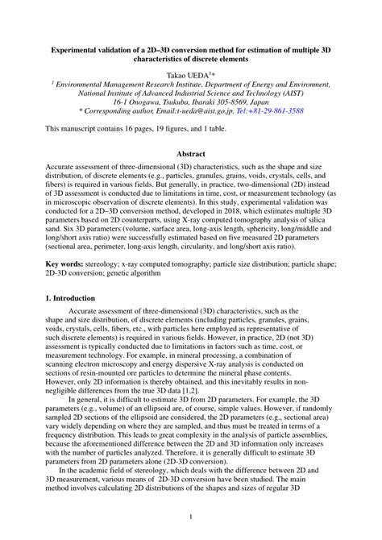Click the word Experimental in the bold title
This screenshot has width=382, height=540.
[79, 49]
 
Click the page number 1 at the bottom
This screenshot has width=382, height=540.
[191, 517]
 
